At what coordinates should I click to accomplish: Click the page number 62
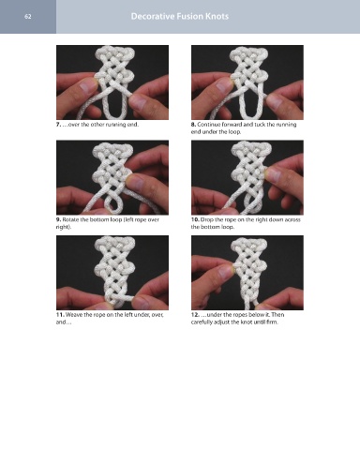(28, 17)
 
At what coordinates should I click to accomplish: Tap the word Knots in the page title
(217, 16)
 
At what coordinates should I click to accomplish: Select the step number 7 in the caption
(58, 125)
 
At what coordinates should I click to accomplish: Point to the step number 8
(193, 125)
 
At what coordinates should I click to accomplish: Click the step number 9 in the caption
(58, 219)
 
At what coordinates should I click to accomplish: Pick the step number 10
(195, 219)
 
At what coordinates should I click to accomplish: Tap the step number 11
(60, 315)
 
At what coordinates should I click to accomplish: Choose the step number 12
(195, 315)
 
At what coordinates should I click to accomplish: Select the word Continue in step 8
(208, 125)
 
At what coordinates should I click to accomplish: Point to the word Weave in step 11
(74, 315)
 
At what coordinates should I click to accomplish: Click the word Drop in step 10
(206, 219)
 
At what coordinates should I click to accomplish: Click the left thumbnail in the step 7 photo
(87, 86)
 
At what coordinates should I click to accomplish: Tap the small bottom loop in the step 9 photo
(112, 202)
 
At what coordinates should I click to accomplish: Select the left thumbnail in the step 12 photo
(226, 272)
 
